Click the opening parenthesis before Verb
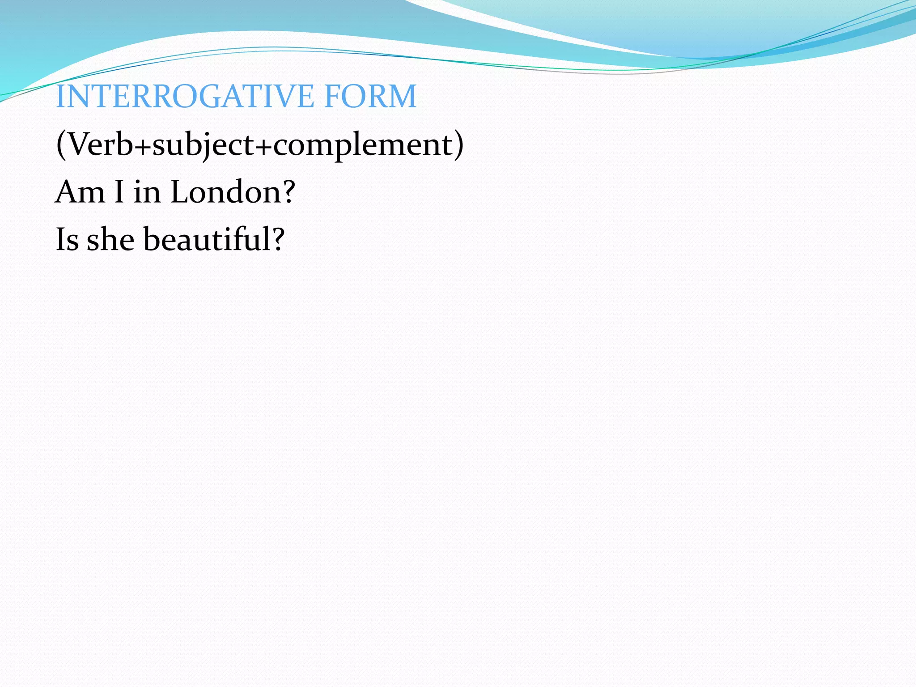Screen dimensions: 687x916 coord(61,145)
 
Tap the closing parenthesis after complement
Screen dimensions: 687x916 coord(458,145)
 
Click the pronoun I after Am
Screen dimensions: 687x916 coord(119,192)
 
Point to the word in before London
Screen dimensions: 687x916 coord(147,193)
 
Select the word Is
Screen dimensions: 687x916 coord(67,239)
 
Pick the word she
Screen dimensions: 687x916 coord(110,239)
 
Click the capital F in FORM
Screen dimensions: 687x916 coord(333,96)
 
